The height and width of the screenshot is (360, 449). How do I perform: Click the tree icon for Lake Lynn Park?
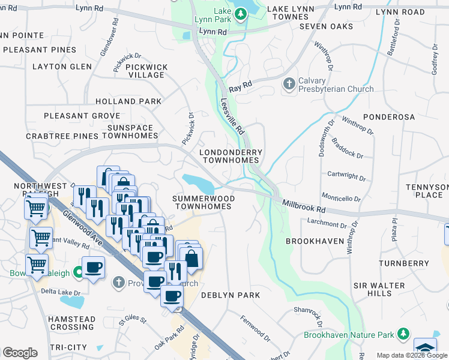point(241,13)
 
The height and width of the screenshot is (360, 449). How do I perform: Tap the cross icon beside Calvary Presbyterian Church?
point(289,83)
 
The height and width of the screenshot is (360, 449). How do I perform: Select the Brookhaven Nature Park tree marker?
point(404,334)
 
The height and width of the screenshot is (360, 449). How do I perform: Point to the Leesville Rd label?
point(232,116)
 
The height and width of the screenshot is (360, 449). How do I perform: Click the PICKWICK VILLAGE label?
point(146,71)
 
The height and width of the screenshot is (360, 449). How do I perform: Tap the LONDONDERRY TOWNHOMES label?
point(230,157)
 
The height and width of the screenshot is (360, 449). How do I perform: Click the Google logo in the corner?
point(20,353)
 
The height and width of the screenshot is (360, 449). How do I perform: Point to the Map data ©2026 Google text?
point(411,355)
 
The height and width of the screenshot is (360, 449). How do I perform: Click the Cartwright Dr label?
point(347,176)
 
